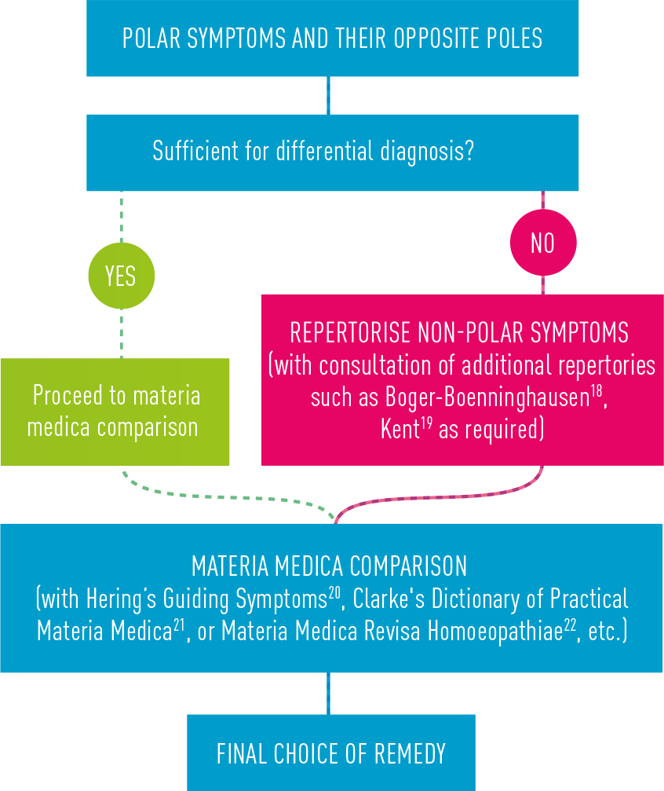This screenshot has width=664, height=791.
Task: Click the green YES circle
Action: coord(121,276)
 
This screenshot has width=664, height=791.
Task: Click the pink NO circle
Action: coord(542,244)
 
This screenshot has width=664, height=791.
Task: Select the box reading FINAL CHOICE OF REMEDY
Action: coord(330,753)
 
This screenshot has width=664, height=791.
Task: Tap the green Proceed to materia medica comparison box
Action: coord(115,412)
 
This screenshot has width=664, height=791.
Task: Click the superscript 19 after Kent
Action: coord(427,423)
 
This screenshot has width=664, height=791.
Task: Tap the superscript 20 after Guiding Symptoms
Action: coord(334,592)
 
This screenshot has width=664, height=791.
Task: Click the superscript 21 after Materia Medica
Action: coord(181,625)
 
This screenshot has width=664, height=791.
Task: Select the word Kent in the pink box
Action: coord(400,430)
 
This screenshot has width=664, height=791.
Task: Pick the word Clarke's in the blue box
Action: coord(385,599)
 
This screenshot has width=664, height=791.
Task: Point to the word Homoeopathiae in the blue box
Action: coord(494,632)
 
